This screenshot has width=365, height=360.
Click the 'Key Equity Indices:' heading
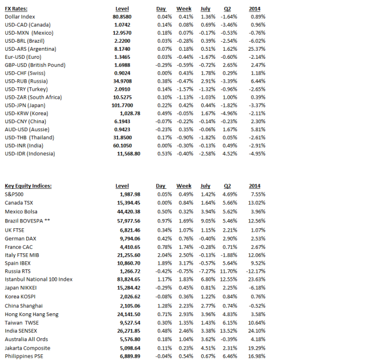[x=29, y=186]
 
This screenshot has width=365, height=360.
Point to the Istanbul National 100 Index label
[x=39, y=279]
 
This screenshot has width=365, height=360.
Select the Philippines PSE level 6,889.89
[x=128, y=356]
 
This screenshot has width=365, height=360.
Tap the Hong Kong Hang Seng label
[x=31, y=314]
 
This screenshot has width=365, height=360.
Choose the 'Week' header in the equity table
[x=184, y=186]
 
